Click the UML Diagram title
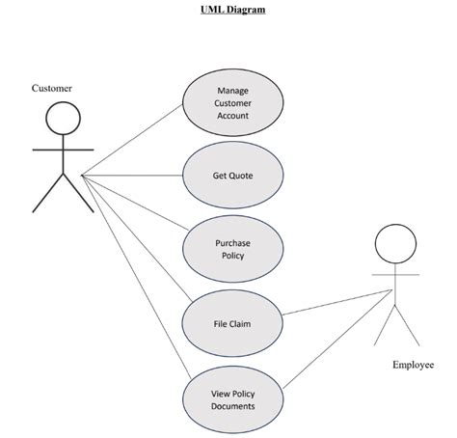coord(227,11)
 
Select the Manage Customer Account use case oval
coord(232,103)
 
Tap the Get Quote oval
coord(232,176)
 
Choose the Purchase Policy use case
coord(232,249)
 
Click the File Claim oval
coord(232,323)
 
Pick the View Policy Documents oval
coord(232,398)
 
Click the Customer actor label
coord(52,88)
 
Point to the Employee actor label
coord(413,365)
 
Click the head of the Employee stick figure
coord(392,242)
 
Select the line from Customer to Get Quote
coord(135,176)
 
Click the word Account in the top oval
coord(232,116)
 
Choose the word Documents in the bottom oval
coord(232,406)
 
